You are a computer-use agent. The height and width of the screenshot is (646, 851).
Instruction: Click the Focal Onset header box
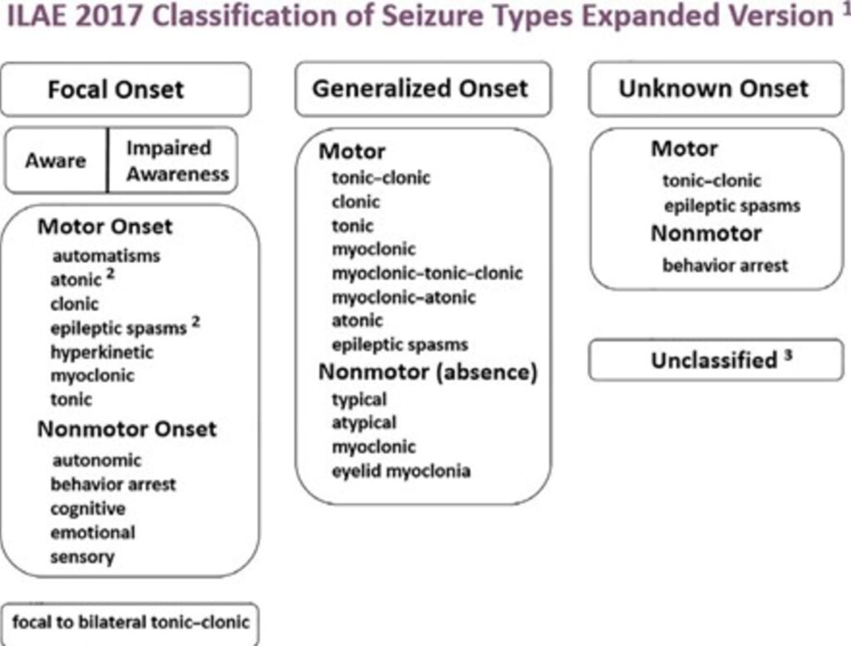pyautogui.click(x=125, y=90)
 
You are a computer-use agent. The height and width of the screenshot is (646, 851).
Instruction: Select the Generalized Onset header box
pyautogui.click(x=422, y=89)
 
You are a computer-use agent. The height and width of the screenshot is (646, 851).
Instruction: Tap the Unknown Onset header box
pyautogui.click(x=714, y=89)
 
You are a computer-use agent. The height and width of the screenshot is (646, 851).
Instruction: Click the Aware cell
pyautogui.click(x=56, y=160)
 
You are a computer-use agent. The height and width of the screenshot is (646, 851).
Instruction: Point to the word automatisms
pyautogui.click(x=106, y=256)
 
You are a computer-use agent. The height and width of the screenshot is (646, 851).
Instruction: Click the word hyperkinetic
pyautogui.click(x=101, y=351)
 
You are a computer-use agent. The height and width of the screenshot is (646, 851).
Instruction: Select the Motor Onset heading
pyautogui.click(x=105, y=227)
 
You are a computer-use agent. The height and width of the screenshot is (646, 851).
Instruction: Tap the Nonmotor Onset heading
pyautogui.click(x=126, y=428)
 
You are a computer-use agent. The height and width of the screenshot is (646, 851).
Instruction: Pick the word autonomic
pyautogui.click(x=96, y=459)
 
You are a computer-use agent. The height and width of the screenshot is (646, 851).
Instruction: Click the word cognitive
pyautogui.click(x=87, y=508)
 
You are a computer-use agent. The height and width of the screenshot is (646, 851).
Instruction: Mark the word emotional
pyautogui.click(x=92, y=532)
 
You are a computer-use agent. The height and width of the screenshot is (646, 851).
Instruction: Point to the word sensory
pyautogui.click(x=81, y=556)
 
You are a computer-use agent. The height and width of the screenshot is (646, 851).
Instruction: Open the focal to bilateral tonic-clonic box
pyautogui.click(x=130, y=620)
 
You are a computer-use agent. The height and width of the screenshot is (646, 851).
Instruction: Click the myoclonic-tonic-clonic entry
pyautogui.click(x=427, y=273)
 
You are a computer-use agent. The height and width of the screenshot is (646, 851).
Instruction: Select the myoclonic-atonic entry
pyautogui.click(x=404, y=296)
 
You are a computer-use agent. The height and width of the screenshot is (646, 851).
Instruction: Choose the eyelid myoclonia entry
pyautogui.click(x=401, y=471)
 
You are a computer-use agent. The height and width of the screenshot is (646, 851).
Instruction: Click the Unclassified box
pyautogui.click(x=716, y=360)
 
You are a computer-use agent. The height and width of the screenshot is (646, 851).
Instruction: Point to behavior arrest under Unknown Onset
pyautogui.click(x=725, y=267)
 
